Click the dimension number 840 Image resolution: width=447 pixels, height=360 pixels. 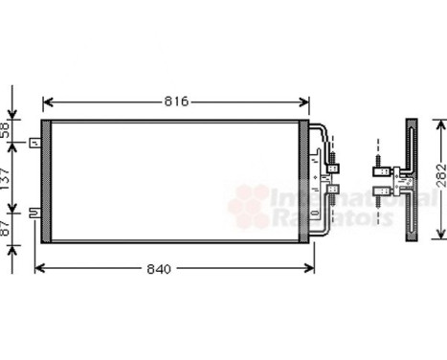[160, 269]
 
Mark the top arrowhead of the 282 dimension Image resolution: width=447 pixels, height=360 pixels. [441, 122]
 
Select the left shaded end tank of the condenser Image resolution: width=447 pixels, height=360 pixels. [43, 181]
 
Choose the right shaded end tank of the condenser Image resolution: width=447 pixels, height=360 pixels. [305, 181]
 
